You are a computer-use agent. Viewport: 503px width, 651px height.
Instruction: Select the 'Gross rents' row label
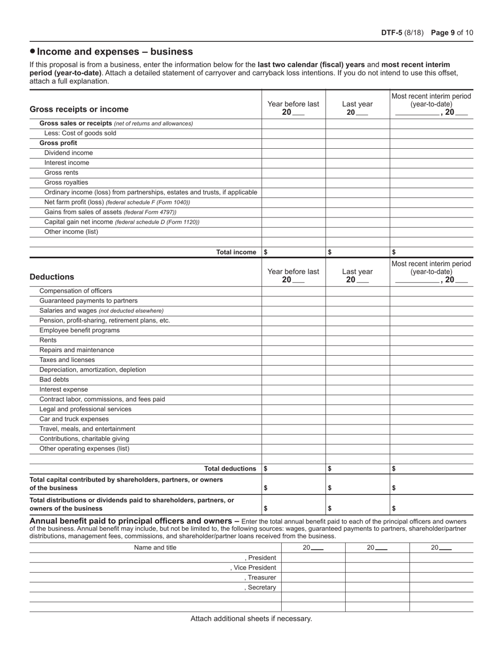point(61,173)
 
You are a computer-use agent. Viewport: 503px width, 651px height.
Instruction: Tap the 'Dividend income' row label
point(68,153)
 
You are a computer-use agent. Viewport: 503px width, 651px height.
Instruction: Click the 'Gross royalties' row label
point(66,183)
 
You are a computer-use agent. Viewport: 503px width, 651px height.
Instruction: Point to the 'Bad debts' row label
point(54,379)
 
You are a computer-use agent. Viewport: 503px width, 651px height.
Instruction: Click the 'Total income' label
point(236,252)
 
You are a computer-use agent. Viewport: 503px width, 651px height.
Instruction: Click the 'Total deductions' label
point(230,469)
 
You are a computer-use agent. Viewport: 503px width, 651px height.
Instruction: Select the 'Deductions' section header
point(52,277)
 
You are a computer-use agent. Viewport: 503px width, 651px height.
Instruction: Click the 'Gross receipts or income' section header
point(79,110)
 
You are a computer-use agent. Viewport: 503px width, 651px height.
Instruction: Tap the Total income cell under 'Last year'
point(357,252)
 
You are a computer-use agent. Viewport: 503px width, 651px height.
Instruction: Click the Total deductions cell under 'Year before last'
point(293,469)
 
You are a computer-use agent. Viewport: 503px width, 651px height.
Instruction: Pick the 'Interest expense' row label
point(64,390)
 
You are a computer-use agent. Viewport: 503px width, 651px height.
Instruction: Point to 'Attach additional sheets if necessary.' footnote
point(251,619)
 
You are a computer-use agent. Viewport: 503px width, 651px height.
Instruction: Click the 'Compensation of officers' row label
point(76,291)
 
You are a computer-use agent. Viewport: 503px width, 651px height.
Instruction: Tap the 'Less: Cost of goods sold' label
point(80,133)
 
